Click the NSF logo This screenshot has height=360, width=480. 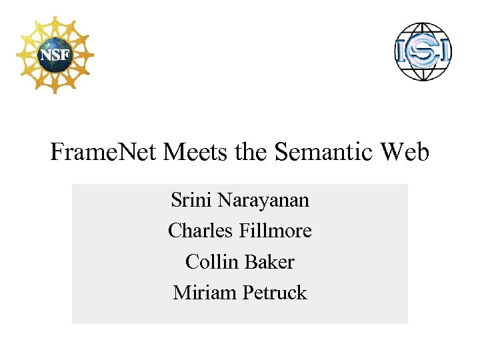tap(55, 53)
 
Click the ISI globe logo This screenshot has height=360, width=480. tap(423, 51)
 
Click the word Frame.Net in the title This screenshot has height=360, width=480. tap(103, 153)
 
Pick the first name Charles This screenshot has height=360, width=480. tap(199, 231)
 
